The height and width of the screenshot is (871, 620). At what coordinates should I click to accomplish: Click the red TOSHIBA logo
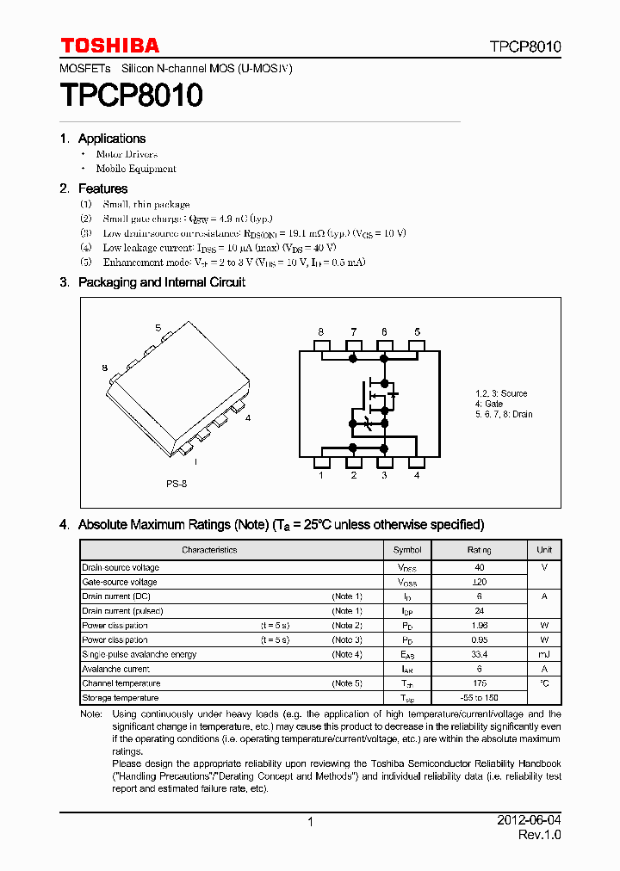(109, 46)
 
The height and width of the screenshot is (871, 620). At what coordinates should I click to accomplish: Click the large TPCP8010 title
(131, 95)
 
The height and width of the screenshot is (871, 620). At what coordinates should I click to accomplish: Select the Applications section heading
(112, 139)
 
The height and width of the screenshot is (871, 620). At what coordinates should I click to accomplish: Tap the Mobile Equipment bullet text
(136, 170)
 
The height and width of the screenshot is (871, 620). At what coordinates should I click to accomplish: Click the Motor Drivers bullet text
(127, 154)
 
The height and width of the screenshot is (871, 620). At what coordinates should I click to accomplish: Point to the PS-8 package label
(177, 484)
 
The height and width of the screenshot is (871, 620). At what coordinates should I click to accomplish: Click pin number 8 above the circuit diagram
(320, 332)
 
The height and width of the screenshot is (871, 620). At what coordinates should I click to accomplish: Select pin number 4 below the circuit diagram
(417, 475)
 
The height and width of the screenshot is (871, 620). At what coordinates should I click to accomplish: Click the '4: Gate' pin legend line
(489, 404)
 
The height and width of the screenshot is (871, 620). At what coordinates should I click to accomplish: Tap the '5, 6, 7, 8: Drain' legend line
(504, 414)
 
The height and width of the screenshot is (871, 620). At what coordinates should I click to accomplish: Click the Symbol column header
(407, 550)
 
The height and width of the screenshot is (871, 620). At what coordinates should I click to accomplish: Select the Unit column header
(544, 550)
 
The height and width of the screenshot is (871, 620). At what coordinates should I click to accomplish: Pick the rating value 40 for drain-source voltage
(480, 567)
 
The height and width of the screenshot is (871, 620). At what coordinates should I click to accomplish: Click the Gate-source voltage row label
(120, 582)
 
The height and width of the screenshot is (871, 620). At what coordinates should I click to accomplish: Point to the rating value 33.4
(480, 654)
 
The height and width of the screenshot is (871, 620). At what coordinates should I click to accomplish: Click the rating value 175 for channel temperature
(480, 683)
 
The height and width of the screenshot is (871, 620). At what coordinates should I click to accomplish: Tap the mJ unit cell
(544, 654)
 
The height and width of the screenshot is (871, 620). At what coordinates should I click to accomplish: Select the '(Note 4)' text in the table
(347, 654)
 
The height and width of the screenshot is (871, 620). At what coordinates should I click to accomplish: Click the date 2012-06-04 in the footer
(529, 821)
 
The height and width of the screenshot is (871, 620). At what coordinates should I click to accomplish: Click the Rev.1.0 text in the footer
(539, 836)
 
